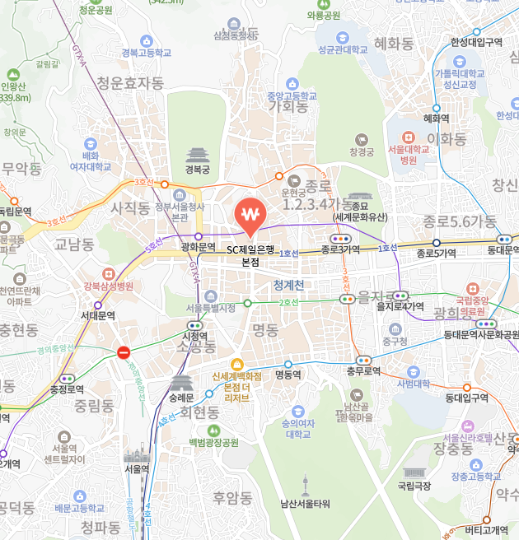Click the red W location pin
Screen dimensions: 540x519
tap(250, 216)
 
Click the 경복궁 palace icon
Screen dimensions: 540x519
tap(198, 155)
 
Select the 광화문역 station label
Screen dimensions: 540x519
tap(198, 247)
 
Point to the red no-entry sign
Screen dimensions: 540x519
tap(124, 352)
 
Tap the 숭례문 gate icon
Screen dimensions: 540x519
tap(181, 383)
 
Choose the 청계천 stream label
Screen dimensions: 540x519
tap(289, 285)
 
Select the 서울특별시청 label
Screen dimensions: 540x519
tap(210, 308)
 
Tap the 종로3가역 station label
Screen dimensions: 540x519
tap(341, 249)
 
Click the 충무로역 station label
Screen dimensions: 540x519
tap(362, 371)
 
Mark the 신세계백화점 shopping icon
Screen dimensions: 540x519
tap(237, 364)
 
